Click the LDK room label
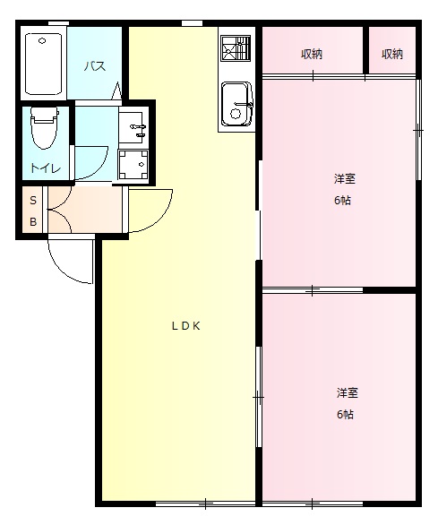(185, 326)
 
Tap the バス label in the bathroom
(96, 66)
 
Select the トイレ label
(45, 168)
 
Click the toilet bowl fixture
(43, 128)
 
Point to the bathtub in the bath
(43, 64)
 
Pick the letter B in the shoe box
(33, 221)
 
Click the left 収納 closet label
(312, 54)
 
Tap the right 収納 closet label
(392, 54)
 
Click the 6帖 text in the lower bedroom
(345, 414)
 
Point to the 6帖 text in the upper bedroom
(342, 200)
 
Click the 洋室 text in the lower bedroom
(348, 392)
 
